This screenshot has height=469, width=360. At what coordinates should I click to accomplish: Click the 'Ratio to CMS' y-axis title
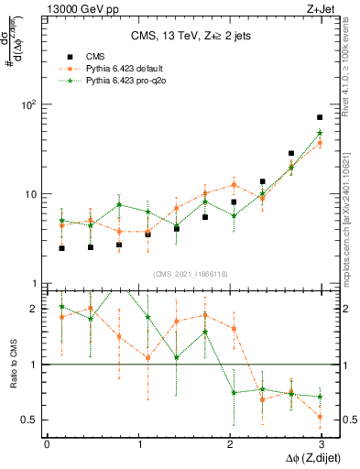pos(12,365)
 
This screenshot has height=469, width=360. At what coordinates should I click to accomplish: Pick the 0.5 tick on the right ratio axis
pos(345,420)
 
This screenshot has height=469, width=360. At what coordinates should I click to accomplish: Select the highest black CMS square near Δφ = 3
pos(320,117)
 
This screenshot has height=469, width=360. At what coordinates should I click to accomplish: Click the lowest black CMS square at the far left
pos(61,248)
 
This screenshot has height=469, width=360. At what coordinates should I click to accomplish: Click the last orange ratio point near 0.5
pos(320,417)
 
